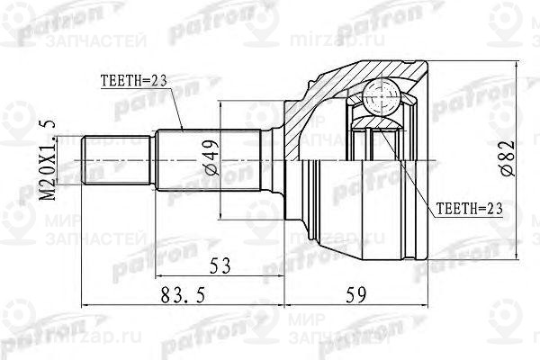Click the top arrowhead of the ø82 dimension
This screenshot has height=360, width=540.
tap(517, 66)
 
